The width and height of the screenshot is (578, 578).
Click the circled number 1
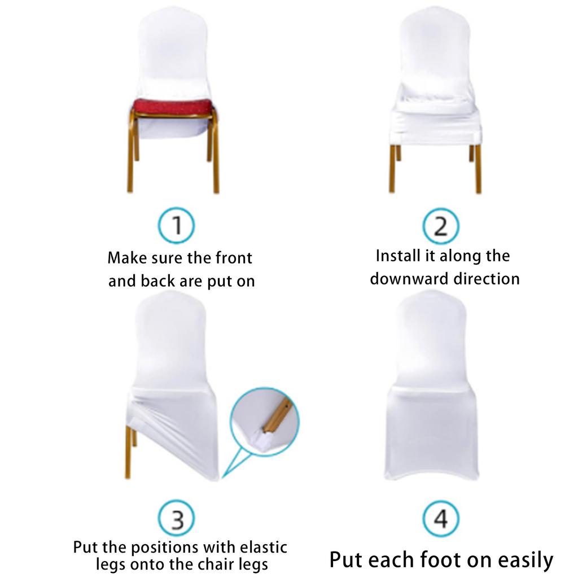176,226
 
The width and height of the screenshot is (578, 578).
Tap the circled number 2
441,226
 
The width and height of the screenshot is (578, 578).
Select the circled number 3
176,519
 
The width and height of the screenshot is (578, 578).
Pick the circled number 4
441,519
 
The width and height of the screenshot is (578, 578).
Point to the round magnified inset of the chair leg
264,418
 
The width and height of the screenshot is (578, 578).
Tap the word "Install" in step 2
398,256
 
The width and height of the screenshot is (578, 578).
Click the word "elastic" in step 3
260,547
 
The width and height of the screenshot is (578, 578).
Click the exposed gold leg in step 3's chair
130,452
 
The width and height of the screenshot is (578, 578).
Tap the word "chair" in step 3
220,564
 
